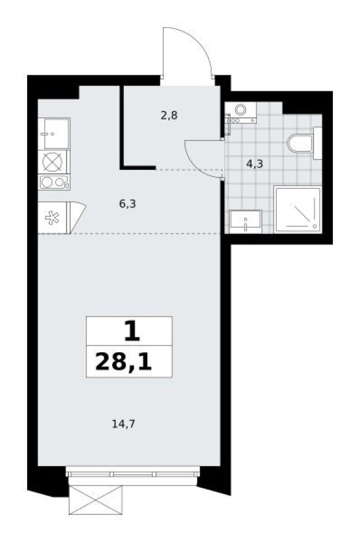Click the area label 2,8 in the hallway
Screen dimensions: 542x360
169,115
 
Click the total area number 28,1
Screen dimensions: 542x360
129,363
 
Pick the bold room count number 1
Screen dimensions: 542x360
131,333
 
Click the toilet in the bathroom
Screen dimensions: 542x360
303,144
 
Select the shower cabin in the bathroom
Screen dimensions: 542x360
298,210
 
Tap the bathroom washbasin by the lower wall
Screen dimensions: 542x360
245,220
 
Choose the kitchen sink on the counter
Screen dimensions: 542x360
54,133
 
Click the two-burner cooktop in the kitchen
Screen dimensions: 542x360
54,182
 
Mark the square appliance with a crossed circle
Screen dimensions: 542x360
54,162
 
